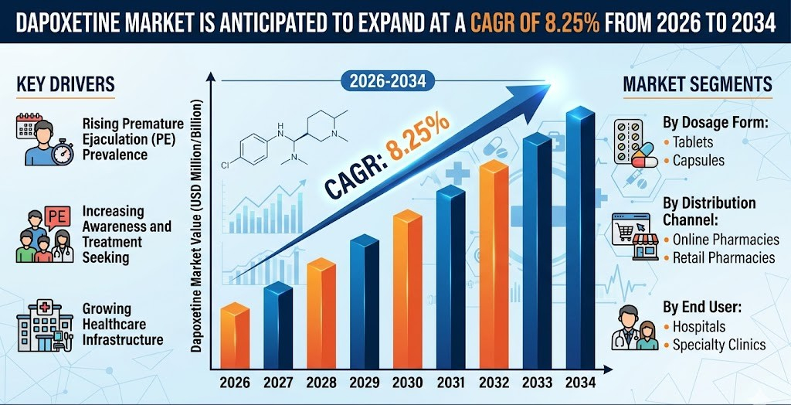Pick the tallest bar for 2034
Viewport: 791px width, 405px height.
point(580,240)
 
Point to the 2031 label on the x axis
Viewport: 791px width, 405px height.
point(450,383)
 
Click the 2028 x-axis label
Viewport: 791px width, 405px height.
point(321,383)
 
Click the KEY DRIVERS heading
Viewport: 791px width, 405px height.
point(66,84)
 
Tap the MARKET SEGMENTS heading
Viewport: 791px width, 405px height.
point(697,84)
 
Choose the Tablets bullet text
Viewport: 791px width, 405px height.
point(693,142)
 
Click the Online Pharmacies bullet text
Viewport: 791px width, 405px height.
point(723,240)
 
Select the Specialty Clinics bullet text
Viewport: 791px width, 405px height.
point(719,345)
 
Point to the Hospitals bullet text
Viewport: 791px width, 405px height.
point(698,326)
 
